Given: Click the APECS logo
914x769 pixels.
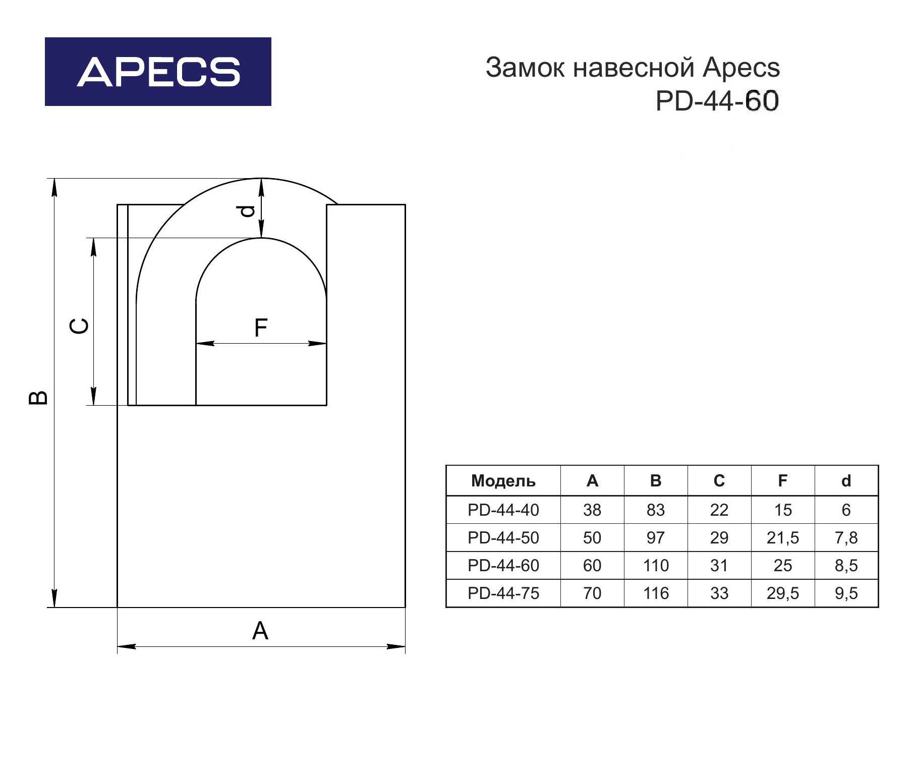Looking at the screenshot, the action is (158, 72).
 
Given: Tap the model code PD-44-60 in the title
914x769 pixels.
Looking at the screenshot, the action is (717, 101).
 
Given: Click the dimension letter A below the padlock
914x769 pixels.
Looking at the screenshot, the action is (260, 631).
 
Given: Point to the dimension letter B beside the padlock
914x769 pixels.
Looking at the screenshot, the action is (38, 397).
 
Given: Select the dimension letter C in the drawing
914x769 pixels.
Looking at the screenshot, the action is (79, 326).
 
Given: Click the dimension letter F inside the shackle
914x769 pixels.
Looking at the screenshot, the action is (261, 328).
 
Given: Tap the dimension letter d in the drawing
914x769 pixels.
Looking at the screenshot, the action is (247, 210).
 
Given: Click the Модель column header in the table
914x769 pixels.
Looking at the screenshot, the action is (503, 481).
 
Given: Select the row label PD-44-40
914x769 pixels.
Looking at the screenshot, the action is (503, 510).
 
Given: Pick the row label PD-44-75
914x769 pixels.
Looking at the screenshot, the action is (503, 593).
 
